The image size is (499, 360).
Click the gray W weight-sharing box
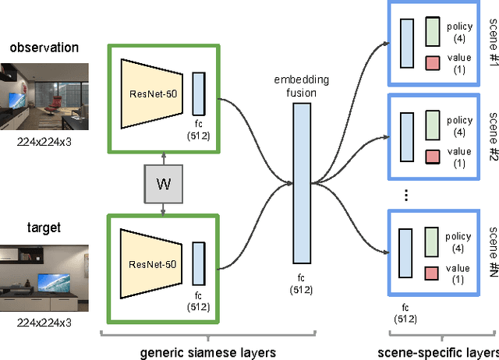(163, 184)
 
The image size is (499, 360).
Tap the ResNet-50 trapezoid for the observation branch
(152, 94)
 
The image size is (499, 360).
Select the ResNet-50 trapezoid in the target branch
(151, 264)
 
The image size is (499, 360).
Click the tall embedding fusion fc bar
(302, 183)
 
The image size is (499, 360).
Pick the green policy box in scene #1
(433, 31)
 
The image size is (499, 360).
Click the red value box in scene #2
(433, 157)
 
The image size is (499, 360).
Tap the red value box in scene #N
(431, 274)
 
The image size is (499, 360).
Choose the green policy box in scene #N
(431, 242)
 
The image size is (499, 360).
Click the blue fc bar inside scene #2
(407, 137)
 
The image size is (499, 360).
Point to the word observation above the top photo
(44, 48)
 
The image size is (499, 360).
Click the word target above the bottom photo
(44, 228)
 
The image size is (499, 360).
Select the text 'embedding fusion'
(302, 86)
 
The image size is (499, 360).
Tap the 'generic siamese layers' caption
(208, 353)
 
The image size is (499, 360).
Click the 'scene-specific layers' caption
(438, 353)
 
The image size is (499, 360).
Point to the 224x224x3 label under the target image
(44, 323)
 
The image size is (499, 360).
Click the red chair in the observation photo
(54, 104)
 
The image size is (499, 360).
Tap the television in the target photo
(54, 282)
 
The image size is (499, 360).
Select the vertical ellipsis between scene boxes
(406, 195)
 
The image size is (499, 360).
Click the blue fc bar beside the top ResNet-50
(199, 94)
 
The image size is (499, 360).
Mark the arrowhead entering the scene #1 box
(386, 44)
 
